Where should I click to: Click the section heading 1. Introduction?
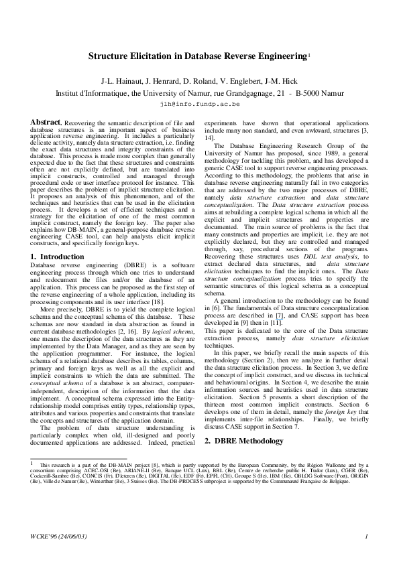58,257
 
